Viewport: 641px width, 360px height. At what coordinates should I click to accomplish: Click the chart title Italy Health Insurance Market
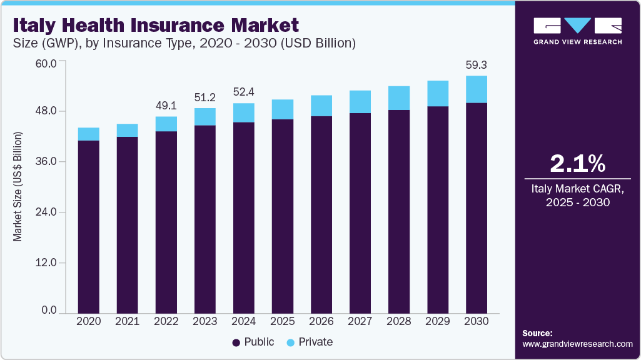point(156,26)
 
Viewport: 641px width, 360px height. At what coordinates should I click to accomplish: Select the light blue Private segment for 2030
point(476,89)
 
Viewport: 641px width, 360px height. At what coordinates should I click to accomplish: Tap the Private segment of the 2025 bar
point(283,109)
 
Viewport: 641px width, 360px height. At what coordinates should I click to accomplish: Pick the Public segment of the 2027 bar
point(360,212)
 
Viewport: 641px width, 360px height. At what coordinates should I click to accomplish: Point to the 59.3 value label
point(476,64)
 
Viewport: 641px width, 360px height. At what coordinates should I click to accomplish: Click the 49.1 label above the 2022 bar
point(166,105)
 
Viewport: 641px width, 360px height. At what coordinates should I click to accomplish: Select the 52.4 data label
point(244,92)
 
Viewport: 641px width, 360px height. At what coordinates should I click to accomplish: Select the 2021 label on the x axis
point(128,321)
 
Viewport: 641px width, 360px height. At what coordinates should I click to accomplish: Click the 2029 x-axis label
point(437,321)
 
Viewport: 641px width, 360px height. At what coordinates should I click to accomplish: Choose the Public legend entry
point(253,342)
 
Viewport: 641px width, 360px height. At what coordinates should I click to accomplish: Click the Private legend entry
point(310,342)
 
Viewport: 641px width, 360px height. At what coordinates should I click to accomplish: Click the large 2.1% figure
point(577,164)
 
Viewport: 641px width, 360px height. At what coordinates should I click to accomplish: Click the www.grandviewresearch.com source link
point(577,344)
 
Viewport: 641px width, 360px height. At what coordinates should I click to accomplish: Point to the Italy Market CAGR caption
point(577,195)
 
